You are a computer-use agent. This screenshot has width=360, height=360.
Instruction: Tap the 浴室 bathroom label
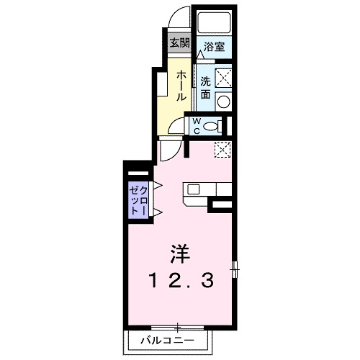pos(213,45)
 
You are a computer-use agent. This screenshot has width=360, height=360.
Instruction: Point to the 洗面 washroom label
pos(206,87)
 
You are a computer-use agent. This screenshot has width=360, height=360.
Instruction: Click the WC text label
pos(195,126)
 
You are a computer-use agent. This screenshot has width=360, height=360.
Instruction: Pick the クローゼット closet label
pos(138,199)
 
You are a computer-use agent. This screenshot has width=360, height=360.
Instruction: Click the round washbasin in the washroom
pos(223,102)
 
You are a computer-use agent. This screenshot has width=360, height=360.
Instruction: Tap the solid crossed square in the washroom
pos(225,76)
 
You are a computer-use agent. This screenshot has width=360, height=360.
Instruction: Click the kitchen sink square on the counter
pos(194,189)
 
